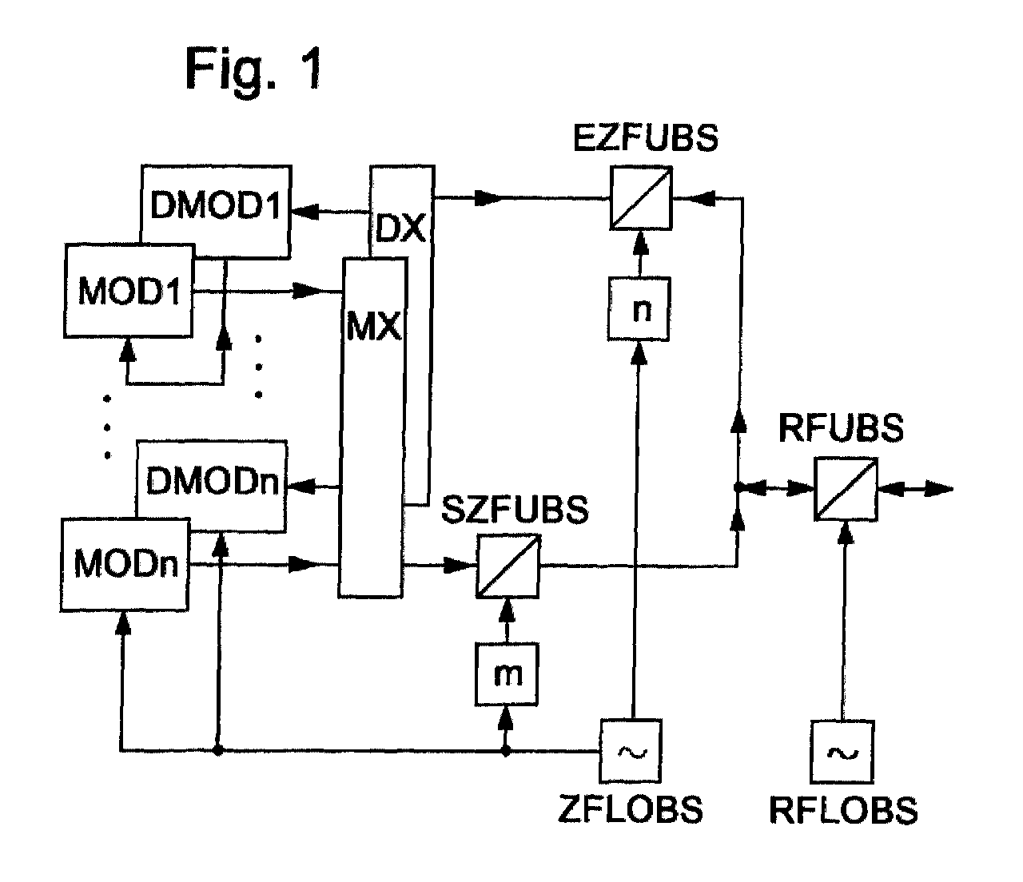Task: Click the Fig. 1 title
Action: [x=254, y=68]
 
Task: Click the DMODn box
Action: [x=212, y=484]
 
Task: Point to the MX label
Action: [x=373, y=328]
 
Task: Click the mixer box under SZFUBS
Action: [x=508, y=566]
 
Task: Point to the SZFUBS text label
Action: [x=515, y=510]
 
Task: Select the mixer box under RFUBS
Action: [x=846, y=489]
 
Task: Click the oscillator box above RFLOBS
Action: [x=842, y=751]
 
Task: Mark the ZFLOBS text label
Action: [x=631, y=810]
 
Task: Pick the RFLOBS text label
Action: [x=843, y=810]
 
